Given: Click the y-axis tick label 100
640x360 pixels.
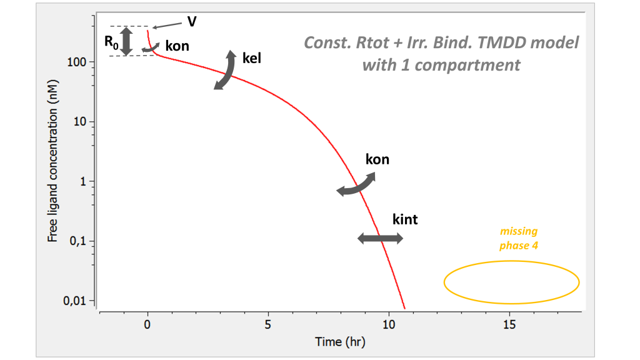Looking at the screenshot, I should click(x=77, y=62).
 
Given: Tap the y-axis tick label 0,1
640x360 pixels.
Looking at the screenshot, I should click(x=78, y=241).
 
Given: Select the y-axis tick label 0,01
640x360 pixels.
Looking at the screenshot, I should click(x=76, y=301).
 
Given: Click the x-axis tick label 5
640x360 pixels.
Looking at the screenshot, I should click(x=268, y=325).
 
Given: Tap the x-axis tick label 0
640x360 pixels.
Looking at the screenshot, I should click(x=147, y=325).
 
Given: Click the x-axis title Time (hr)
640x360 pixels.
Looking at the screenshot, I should click(x=336, y=342).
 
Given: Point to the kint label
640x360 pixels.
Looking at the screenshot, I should click(x=404, y=219).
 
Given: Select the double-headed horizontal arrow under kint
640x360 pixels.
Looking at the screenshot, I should click(x=380, y=238).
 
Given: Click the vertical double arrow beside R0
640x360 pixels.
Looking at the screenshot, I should click(x=126, y=41).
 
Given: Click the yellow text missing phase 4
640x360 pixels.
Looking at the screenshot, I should click(x=518, y=239).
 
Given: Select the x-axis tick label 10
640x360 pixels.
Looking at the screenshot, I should click(x=388, y=325).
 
